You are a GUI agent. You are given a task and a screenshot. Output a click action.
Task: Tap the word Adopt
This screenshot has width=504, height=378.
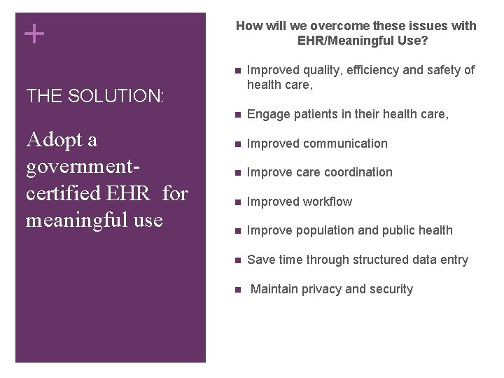point(61,141)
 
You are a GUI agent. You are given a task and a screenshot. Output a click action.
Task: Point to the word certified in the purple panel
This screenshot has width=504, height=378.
point(65,193)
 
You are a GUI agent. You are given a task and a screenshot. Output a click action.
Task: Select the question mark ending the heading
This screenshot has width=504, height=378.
point(425,41)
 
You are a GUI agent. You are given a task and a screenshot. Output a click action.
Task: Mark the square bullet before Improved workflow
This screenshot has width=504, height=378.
point(238,202)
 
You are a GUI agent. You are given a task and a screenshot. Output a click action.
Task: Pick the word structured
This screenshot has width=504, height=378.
point(387,260)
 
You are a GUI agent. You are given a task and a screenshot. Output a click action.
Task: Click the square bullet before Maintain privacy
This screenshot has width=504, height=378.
point(238,289)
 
